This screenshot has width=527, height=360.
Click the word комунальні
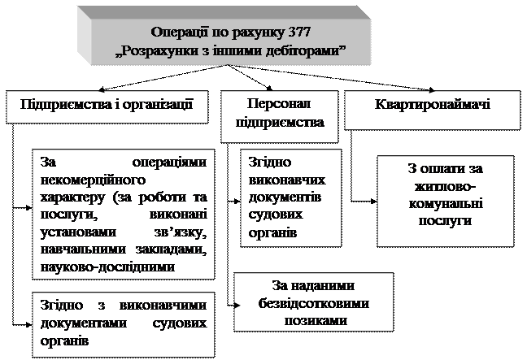point(445,204)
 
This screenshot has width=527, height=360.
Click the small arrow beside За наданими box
point(237,306)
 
